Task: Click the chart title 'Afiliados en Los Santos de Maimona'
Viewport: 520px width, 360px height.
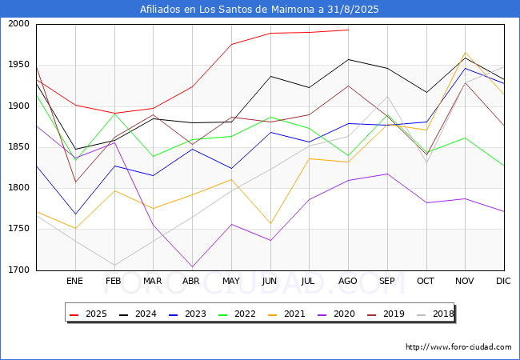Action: pos(259,10)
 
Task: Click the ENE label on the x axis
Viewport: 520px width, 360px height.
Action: pos(74,282)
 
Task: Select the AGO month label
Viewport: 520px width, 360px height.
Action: pos(348,282)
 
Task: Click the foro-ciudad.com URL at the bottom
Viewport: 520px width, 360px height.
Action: pos(458,347)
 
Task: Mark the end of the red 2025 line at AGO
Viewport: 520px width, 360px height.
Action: pos(348,30)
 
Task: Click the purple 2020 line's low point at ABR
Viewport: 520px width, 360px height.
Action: pos(192,266)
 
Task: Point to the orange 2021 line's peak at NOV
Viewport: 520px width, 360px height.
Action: pos(465,53)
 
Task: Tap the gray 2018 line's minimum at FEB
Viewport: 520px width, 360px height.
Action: pos(114,265)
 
